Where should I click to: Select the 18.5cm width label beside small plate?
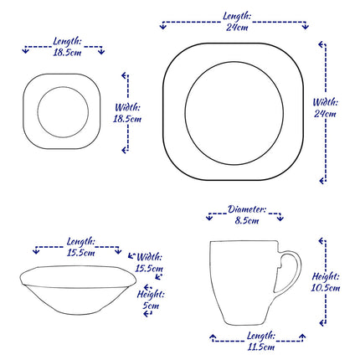pos(127,113)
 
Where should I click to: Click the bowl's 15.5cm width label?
pos(150,263)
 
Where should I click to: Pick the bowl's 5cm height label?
pos(150,300)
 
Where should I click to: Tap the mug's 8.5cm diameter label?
pos(247,215)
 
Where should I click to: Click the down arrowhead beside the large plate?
pos(323,179)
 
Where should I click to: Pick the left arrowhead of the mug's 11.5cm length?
pos(211,339)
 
